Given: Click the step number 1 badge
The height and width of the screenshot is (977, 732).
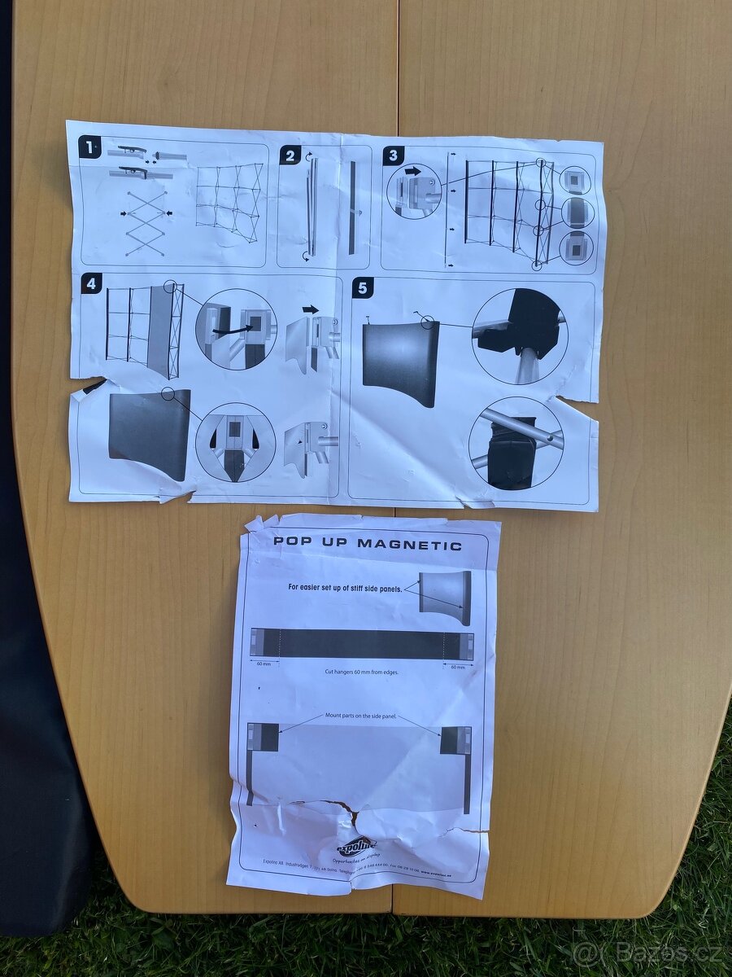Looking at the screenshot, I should [89, 148].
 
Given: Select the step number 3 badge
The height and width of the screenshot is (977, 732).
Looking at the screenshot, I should [393, 156].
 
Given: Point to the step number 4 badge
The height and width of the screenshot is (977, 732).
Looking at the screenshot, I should [92, 285].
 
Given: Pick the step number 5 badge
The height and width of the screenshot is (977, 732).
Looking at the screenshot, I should [363, 287].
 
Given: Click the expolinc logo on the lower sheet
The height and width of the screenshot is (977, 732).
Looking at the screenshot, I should [356, 845].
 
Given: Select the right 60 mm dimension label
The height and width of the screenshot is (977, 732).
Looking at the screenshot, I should [459, 667].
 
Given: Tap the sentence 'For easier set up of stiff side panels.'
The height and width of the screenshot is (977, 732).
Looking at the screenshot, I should [345, 587].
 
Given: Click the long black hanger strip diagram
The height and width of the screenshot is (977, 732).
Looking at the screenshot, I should [362, 644].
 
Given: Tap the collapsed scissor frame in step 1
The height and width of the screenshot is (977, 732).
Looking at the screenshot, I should [146, 221].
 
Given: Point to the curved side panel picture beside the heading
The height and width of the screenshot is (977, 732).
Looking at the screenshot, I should [445, 597].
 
